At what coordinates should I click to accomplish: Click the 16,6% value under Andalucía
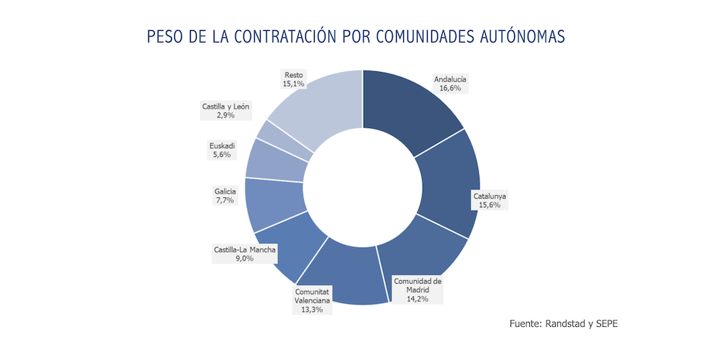[451, 88]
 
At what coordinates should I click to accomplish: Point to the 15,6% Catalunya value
[490, 205]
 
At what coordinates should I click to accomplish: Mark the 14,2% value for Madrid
[418, 298]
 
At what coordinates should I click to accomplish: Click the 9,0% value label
[245, 259]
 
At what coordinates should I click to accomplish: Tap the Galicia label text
[225, 191]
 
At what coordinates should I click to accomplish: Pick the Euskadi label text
[222, 146]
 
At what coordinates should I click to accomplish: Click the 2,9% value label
[225, 115]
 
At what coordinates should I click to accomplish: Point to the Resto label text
[294, 74]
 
